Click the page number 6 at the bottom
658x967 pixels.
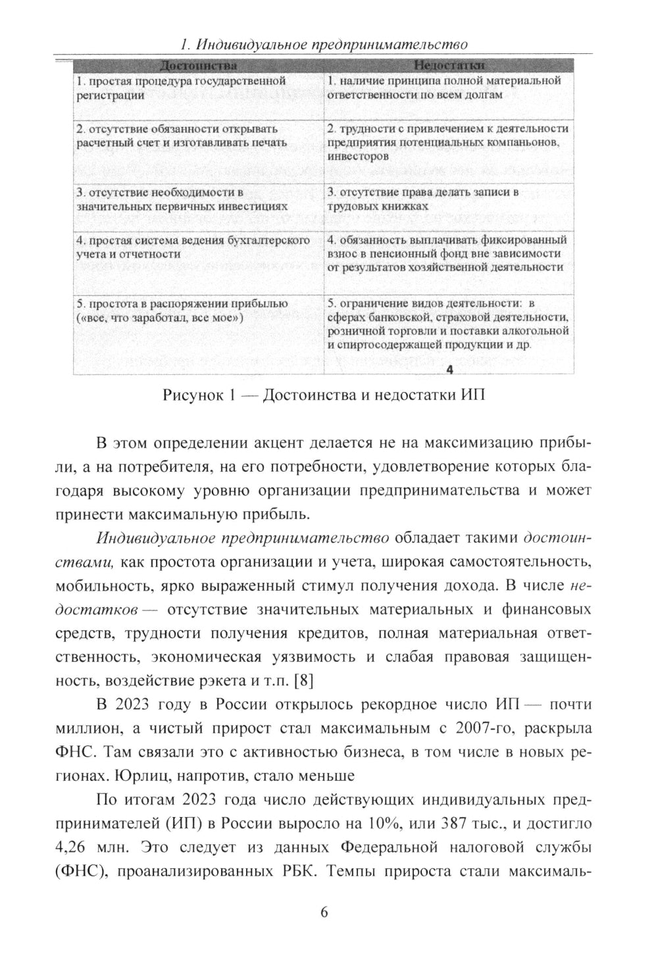pyautogui.click(x=324, y=912)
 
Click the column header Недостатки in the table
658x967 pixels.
pyautogui.click(x=449, y=66)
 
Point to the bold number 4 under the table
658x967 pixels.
pyautogui.click(x=449, y=370)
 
